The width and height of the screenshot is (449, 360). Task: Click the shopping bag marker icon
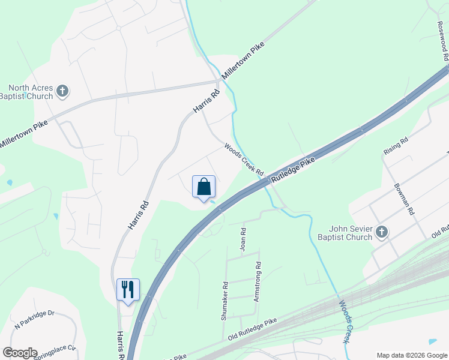204,187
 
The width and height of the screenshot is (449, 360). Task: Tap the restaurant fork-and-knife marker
128,290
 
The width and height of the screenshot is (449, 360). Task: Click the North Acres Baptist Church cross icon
62,91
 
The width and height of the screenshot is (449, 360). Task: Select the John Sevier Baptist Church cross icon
381,232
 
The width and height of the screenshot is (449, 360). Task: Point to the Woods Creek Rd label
244,159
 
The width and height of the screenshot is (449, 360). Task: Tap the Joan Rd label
243,239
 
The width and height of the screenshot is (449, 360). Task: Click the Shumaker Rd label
224,301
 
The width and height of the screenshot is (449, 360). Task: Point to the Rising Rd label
396,146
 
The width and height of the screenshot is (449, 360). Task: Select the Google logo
20,353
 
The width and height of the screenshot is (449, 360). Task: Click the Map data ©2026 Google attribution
412,355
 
